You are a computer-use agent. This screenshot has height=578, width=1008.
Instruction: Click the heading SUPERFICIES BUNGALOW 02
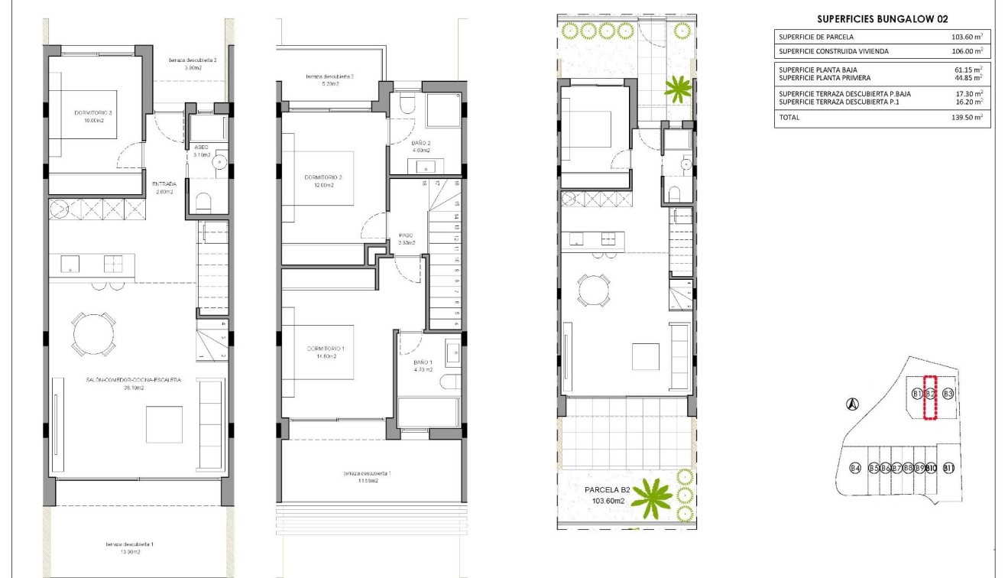[x=882, y=19]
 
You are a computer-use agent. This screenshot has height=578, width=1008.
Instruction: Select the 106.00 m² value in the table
[x=967, y=51]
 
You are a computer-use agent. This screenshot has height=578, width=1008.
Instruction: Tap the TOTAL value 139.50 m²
[x=967, y=118]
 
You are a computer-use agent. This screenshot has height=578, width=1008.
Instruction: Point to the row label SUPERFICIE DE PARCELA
[x=816, y=37]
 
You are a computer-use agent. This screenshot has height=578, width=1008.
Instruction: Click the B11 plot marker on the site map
[x=948, y=468]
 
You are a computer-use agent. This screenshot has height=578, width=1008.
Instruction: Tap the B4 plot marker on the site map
[x=856, y=468]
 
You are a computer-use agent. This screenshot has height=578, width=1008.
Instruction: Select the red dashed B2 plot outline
[x=930, y=398]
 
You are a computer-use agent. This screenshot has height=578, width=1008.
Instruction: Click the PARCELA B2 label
[x=606, y=490]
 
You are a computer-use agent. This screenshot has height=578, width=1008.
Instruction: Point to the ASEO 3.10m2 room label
[x=202, y=151]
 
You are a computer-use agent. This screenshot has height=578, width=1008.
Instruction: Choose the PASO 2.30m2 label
[x=406, y=239]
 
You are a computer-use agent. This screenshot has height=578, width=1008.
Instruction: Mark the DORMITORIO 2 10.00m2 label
[x=93, y=117]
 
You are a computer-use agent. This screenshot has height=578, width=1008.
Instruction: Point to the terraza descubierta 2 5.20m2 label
[x=329, y=80]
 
